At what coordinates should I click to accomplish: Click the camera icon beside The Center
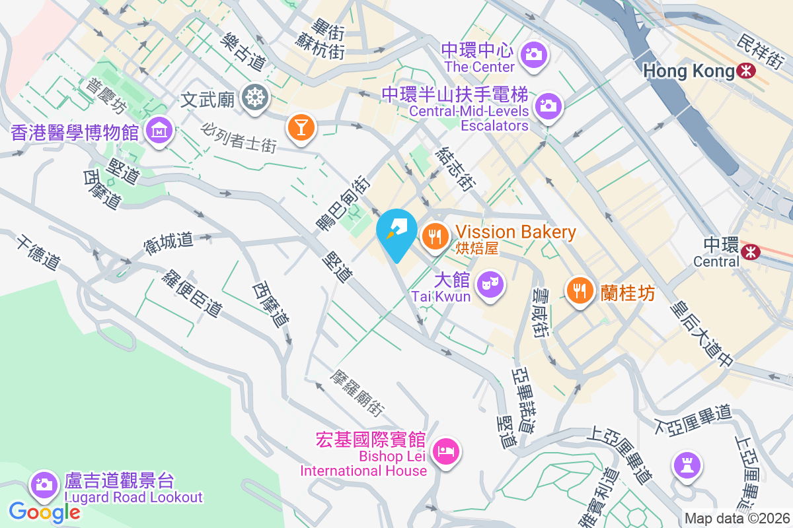(x=533, y=53)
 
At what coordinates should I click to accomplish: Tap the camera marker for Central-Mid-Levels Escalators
(x=547, y=104)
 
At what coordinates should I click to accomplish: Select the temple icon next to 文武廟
(x=253, y=98)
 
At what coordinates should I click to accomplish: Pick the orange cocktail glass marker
(x=301, y=126)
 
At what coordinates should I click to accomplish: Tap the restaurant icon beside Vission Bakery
(x=435, y=234)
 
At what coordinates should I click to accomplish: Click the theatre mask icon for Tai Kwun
(x=490, y=285)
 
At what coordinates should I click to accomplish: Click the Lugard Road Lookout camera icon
(x=44, y=484)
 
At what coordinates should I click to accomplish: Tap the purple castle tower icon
(x=687, y=465)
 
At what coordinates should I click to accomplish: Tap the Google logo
(x=44, y=511)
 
